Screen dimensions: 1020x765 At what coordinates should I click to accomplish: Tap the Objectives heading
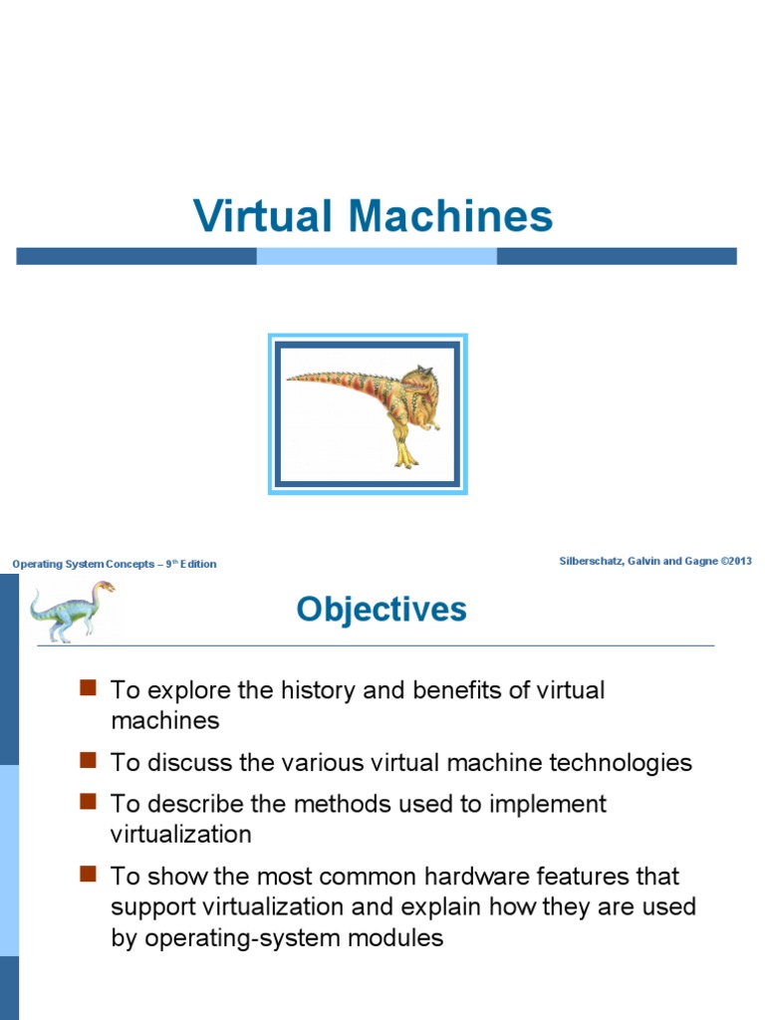pyautogui.click(x=382, y=609)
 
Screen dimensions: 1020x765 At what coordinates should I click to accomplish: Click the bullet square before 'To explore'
pyautogui.click(x=87, y=687)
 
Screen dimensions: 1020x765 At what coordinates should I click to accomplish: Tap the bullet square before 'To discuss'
pyautogui.click(x=87, y=760)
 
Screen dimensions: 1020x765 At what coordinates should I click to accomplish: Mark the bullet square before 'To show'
pyautogui.click(x=87, y=874)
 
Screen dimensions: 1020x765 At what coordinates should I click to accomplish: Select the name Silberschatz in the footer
pyautogui.click(x=594, y=562)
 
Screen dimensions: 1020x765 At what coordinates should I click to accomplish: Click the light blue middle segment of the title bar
pyautogui.click(x=377, y=256)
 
